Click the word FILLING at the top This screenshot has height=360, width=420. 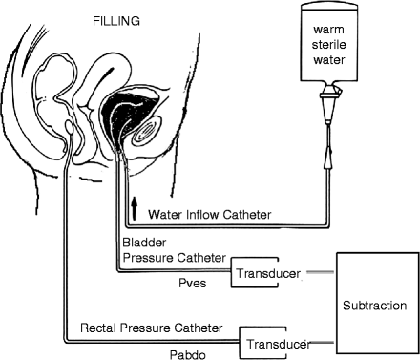point(116,21)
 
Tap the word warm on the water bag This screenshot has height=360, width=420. point(328,30)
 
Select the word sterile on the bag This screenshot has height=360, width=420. point(328,44)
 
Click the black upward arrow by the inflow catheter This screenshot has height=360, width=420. point(135,208)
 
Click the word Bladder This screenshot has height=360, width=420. point(144,243)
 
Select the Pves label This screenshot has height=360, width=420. point(192,283)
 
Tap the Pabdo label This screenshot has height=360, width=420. point(188,354)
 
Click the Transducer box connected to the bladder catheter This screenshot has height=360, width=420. point(255,272)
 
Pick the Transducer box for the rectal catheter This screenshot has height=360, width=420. point(263,343)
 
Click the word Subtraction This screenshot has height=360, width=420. point(375,306)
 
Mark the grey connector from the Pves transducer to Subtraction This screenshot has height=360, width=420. point(320,272)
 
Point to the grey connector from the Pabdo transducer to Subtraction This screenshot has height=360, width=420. point(322,343)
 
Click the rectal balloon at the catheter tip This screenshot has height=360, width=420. point(70,127)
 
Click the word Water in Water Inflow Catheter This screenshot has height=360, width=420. point(166,215)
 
